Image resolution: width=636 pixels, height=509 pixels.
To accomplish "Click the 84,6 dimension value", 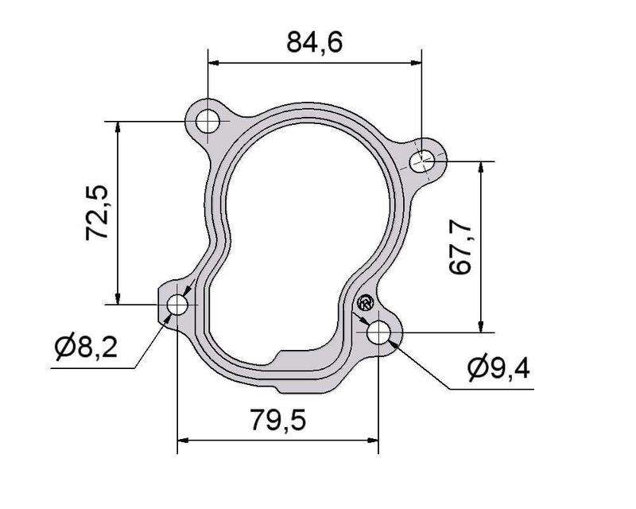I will tap(314, 41).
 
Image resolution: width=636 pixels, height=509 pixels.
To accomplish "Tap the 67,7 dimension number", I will tap(462, 248).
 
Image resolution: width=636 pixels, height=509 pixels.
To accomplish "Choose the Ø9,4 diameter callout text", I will tap(498, 368).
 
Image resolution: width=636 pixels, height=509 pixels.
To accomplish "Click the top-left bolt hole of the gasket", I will tap(208, 122).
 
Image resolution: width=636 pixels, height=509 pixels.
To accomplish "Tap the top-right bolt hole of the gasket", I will tap(422, 162).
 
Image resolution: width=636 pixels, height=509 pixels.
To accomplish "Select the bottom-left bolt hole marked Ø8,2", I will tap(177, 305).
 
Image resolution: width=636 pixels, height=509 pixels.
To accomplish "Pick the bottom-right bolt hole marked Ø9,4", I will tap(380, 332).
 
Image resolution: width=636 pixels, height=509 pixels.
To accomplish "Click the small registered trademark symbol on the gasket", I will tap(365, 302).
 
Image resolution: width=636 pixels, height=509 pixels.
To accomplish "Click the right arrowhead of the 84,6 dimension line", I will tap(417, 61).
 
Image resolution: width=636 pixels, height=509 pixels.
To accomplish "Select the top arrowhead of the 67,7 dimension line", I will tap(480, 167).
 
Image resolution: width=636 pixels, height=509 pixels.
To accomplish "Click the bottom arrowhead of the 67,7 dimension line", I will tap(480, 327).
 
